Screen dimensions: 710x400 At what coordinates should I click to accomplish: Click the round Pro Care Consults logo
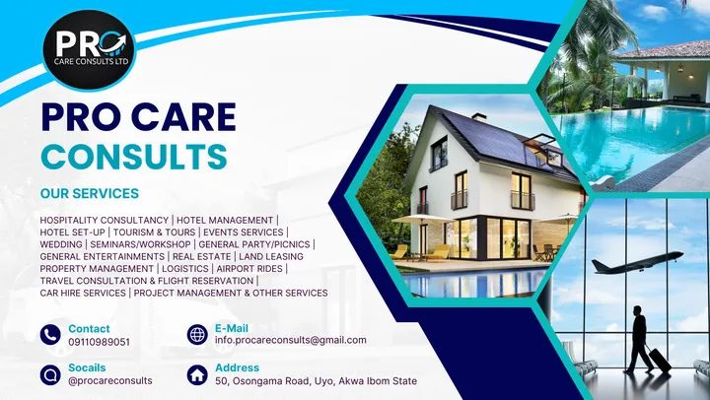tap(89, 50)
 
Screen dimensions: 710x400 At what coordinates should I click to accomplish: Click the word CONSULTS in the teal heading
tap(134, 157)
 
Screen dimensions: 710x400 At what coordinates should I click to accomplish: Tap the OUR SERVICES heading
tap(90, 193)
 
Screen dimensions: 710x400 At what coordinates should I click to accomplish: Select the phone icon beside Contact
tap(50, 335)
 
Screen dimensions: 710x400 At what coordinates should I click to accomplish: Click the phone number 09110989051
tap(100, 342)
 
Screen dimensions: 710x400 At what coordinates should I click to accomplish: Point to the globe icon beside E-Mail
tap(197, 335)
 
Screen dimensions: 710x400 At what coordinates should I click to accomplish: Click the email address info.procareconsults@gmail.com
tap(291, 340)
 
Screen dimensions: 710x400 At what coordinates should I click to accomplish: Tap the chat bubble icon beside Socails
tap(50, 374)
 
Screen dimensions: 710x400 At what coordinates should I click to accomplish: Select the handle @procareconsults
tap(110, 380)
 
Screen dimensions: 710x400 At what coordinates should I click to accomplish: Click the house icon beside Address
tap(197, 374)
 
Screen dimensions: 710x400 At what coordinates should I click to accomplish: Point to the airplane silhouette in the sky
tap(637, 262)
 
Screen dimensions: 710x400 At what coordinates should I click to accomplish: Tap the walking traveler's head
tap(638, 311)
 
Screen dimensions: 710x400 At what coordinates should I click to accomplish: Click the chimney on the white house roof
tap(479, 117)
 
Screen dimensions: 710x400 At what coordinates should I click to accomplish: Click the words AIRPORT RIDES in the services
tap(249, 269)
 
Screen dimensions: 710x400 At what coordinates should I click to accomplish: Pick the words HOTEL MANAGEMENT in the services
tap(225, 221)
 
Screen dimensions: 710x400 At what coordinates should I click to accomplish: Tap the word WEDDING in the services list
tap(61, 244)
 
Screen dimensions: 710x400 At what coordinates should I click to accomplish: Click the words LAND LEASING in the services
tap(271, 256)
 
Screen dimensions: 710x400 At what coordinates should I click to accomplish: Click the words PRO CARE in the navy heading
tap(139, 116)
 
